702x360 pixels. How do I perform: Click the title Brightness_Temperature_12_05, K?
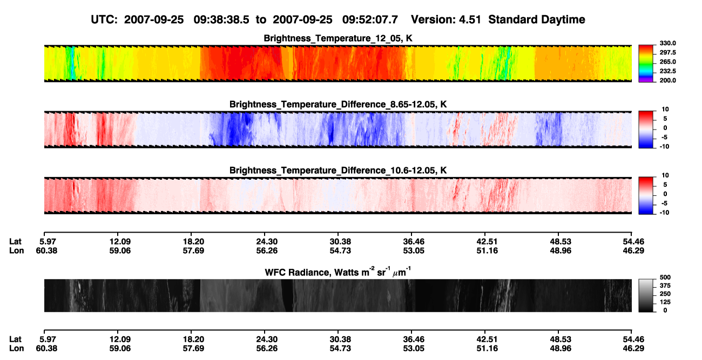coord(338,38)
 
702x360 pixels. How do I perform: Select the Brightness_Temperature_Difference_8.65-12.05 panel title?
coord(338,104)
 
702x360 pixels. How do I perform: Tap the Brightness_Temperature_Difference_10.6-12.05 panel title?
coord(338,171)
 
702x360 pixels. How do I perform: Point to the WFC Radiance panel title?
coord(338,272)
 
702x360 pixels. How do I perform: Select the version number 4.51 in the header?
coord(470,19)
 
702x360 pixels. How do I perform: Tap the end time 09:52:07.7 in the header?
coord(370,19)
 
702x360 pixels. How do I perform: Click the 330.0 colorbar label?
coord(667,43)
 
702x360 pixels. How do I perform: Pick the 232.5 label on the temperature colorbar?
coord(667,71)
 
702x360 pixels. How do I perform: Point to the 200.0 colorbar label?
coord(667,80)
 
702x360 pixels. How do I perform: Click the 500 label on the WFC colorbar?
coord(665,277)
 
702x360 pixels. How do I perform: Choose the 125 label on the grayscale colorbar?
coord(665,302)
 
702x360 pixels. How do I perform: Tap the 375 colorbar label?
coord(665,286)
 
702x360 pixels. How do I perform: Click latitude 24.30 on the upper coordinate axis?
coord(267,242)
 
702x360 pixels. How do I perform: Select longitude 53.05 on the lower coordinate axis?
coord(414,349)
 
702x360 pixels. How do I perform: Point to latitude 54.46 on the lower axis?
coord(633,339)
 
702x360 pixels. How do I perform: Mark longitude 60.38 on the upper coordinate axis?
coord(46,250)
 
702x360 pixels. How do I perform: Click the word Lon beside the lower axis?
coord(16,349)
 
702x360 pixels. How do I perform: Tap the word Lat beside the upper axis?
coord(15,242)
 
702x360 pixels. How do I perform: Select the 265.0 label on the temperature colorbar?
coord(667,62)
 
